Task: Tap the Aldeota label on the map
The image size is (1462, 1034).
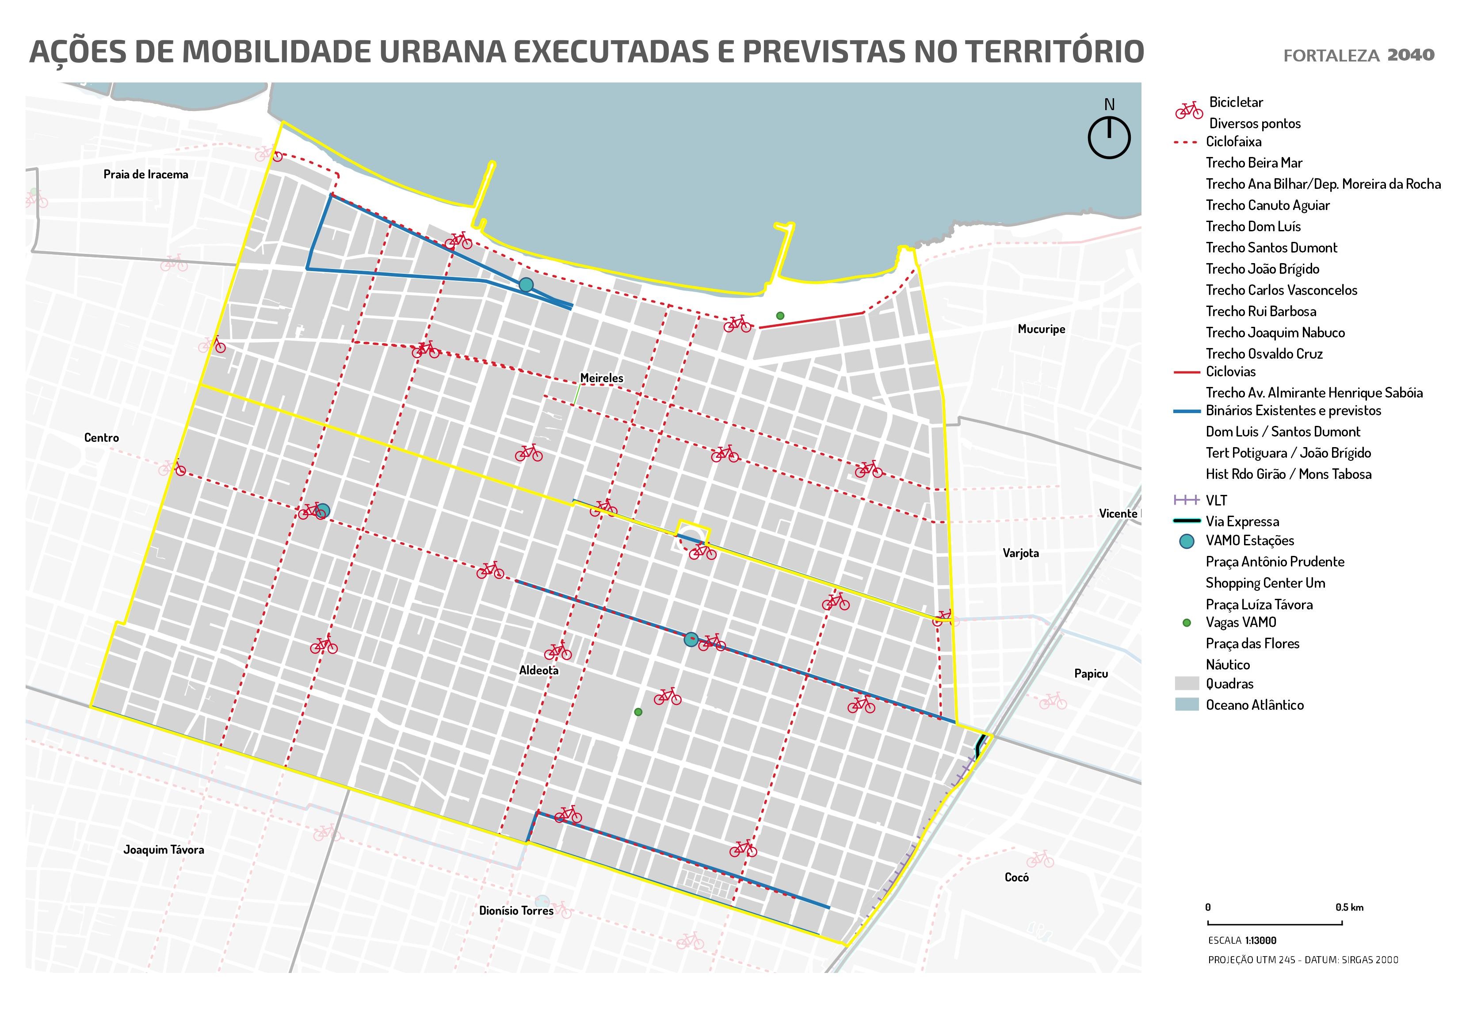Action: point(539,670)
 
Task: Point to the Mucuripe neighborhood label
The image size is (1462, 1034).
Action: point(1041,329)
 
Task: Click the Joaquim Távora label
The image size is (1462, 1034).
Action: point(164,850)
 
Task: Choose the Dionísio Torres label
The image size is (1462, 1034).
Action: point(516,911)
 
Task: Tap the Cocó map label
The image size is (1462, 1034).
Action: point(1016,877)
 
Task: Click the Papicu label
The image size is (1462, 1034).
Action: point(1091,674)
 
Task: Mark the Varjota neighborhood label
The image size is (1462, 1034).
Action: point(1021,553)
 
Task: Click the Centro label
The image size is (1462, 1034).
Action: point(101,438)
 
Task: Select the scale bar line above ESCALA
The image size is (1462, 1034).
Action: point(1275,923)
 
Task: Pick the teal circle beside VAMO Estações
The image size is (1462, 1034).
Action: point(1186,541)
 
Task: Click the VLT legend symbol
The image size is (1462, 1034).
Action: point(1186,500)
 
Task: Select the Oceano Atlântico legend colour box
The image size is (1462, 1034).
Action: point(1186,705)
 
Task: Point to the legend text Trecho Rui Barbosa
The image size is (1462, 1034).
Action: point(1261,311)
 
